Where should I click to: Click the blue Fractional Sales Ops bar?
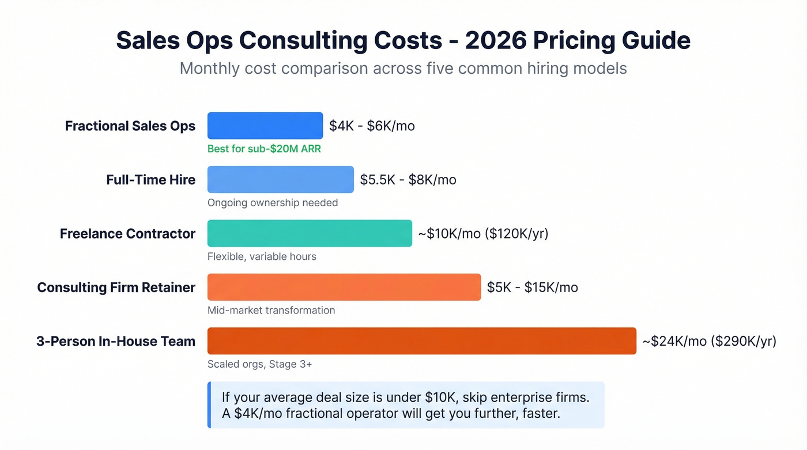(x=265, y=126)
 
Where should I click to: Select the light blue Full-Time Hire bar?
(x=280, y=179)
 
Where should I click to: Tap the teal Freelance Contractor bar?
(x=310, y=233)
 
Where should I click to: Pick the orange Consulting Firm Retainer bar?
(x=344, y=287)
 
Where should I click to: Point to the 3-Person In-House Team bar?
(x=421, y=341)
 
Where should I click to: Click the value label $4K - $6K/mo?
(x=372, y=126)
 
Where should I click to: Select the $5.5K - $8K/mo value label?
(x=408, y=180)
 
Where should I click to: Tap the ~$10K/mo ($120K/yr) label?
(x=483, y=233)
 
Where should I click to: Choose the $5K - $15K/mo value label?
(x=532, y=287)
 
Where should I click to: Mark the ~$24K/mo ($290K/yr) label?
(x=710, y=341)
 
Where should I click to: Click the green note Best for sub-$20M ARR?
(x=264, y=149)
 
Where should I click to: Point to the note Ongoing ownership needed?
(x=273, y=203)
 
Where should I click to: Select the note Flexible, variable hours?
(x=262, y=256)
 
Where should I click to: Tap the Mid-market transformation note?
(x=271, y=310)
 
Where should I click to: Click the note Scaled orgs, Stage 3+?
(x=259, y=364)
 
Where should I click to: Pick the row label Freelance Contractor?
(x=127, y=233)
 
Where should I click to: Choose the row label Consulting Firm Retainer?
(x=116, y=287)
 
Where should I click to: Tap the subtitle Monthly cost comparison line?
(x=403, y=68)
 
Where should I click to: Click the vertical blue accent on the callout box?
(x=209, y=405)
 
